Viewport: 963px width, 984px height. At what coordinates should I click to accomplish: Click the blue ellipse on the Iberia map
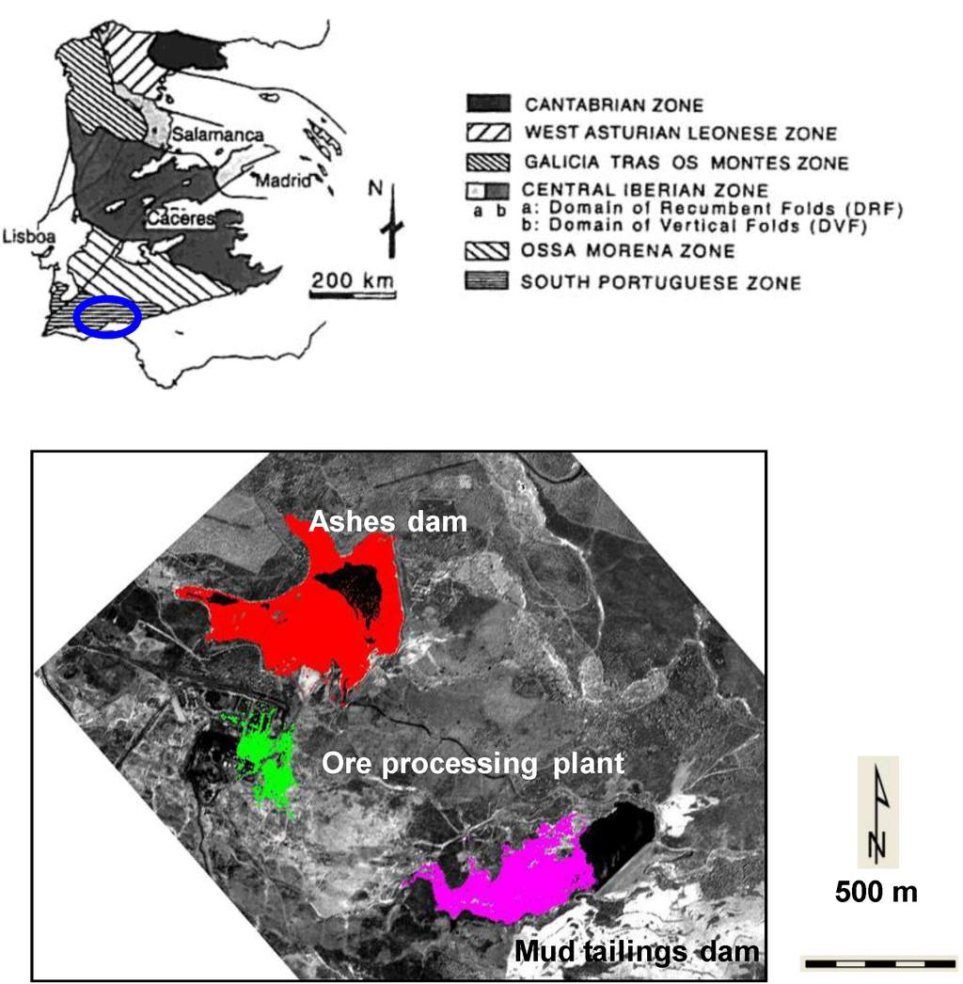107,317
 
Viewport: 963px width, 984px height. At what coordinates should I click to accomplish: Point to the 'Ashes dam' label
388,520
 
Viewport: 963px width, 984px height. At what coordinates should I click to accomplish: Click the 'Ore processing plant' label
472,763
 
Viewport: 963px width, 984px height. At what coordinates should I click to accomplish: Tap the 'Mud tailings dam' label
637,952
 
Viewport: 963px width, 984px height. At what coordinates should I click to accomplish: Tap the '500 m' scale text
876,892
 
